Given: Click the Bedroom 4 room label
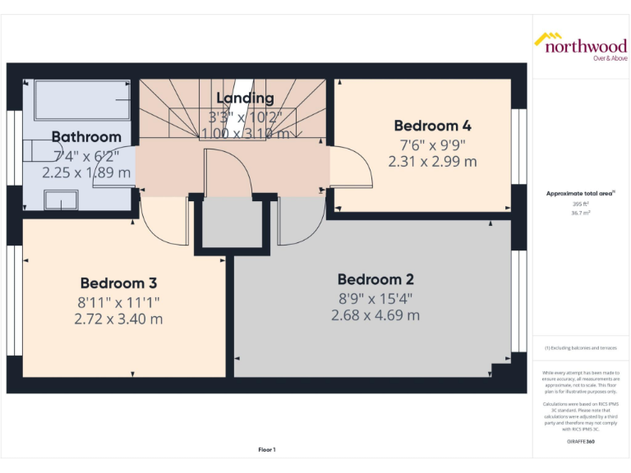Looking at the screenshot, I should [x=432, y=126].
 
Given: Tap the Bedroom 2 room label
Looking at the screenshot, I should [x=375, y=279].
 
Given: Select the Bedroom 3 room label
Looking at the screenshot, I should [x=118, y=283].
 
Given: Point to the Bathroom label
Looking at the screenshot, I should [x=86, y=136].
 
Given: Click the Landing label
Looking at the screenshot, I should [x=245, y=99].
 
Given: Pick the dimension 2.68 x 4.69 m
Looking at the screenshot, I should [x=375, y=315].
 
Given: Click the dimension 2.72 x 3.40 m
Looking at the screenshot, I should [x=118, y=319].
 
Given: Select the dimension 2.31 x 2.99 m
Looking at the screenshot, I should [x=432, y=162].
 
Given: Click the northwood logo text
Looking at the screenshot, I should [x=586, y=46].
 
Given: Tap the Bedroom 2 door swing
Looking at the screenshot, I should [x=301, y=222].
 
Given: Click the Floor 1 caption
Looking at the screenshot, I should [x=267, y=449].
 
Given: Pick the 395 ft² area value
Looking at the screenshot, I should [x=581, y=204].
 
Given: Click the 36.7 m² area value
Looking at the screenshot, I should [x=581, y=212].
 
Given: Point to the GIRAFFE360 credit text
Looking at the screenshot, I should [x=581, y=443].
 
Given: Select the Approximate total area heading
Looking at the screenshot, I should [x=580, y=193].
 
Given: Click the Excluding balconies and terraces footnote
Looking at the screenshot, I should [x=580, y=348].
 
